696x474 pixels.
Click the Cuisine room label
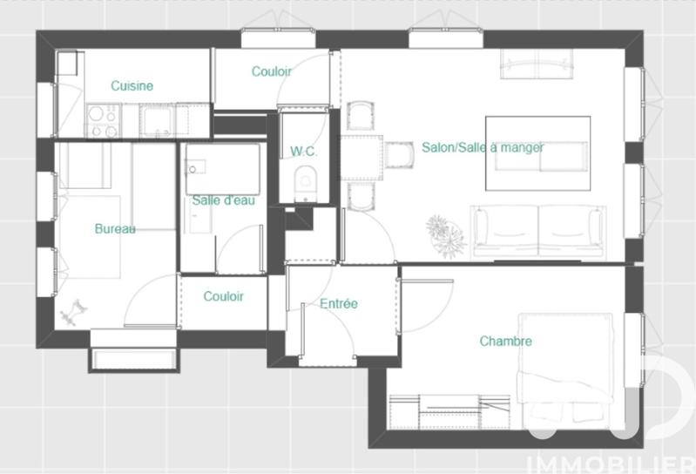pos(132,85)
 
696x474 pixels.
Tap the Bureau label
pos(115,229)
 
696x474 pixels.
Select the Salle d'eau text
pos(223,200)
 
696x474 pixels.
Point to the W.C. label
pos(303,152)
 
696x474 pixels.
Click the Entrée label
pos(339,304)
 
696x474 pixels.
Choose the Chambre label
pos(505,342)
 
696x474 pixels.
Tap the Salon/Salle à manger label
pos(483,147)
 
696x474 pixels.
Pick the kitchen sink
pos(158,120)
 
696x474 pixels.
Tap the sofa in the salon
pos(537,231)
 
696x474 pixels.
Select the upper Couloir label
pos(272,71)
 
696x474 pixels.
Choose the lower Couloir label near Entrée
pos(224,296)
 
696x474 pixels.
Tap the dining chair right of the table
pos(400,155)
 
